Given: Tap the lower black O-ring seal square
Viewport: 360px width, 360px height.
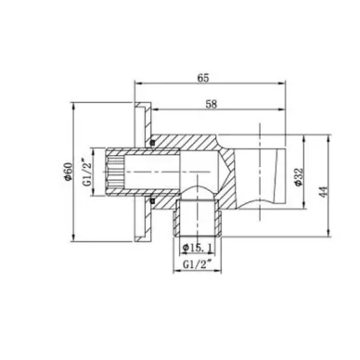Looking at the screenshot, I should (148, 199).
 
